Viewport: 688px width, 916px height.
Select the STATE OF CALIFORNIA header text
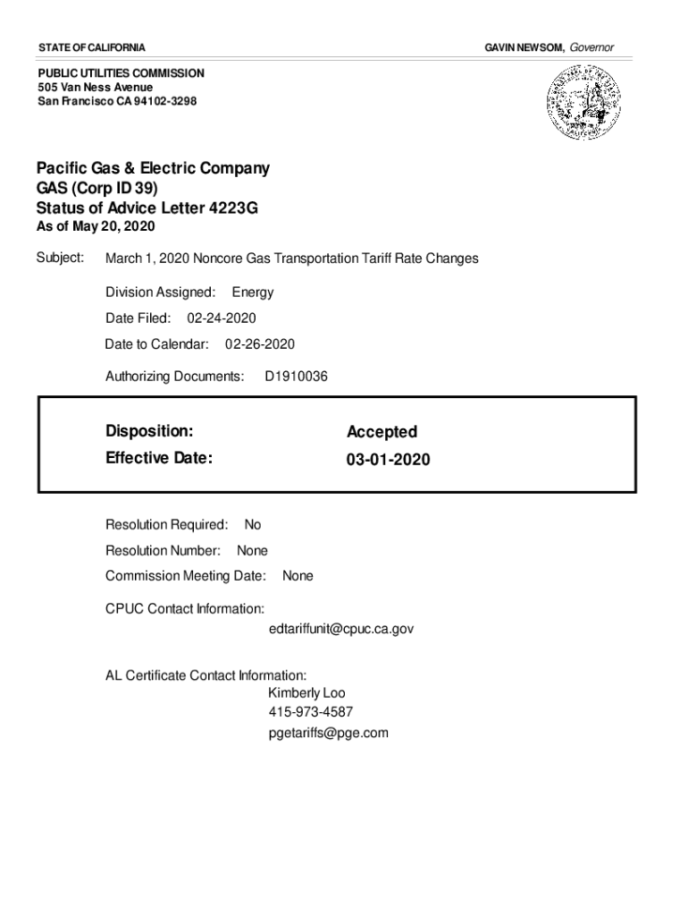[x=92, y=47]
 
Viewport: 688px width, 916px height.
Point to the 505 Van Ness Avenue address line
[x=96, y=87]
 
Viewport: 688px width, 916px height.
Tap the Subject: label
[x=60, y=259]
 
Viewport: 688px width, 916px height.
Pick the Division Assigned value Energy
[x=253, y=293]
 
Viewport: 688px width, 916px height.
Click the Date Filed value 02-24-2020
[x=222, y=318]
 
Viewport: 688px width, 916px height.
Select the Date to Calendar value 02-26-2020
[x=260, y=344]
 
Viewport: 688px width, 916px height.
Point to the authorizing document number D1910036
[x=297, y=377]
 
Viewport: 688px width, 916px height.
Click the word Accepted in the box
[x=382, y=432]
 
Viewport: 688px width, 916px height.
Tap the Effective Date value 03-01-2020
[x=389, y=460]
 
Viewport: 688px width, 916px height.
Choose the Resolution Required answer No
[x=253, y=525]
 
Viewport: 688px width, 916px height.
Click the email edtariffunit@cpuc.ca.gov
[x=341, y=630]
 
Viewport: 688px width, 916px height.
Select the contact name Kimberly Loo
[x=306, y=693]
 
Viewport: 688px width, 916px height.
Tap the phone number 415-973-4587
[x=311, y=713]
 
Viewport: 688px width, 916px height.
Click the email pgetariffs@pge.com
[x=329, y=734]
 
